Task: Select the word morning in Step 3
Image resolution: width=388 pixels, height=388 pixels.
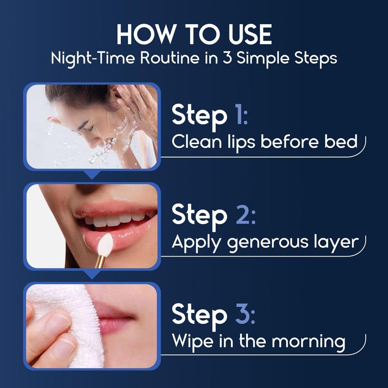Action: click(309, 341)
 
